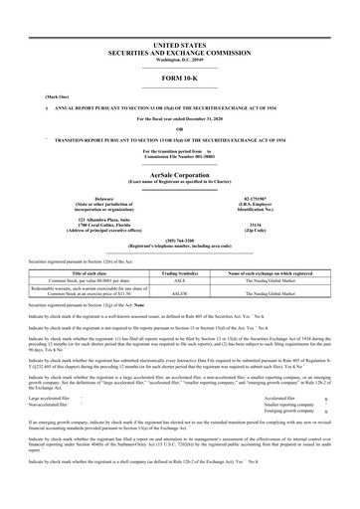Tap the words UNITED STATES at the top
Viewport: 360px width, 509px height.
tap(180, 46)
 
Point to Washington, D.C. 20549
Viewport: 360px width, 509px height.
tap(180, 61)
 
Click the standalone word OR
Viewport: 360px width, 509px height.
tap(180, 127)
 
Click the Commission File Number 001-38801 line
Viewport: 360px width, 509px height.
tap(180, 155)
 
